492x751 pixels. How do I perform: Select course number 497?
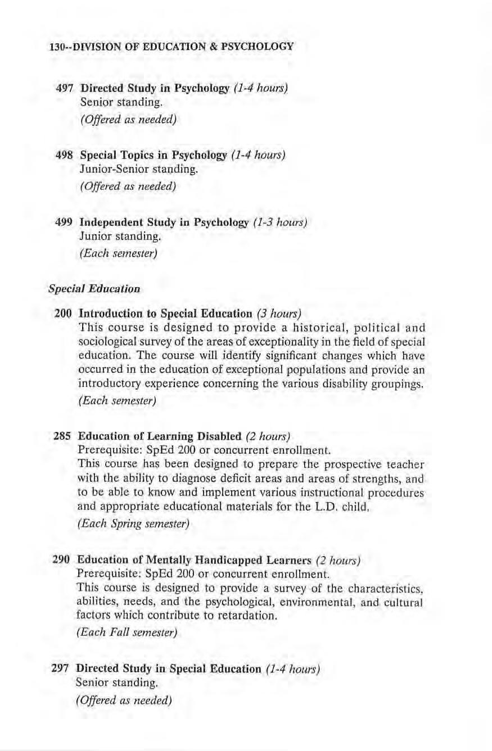point(65,88)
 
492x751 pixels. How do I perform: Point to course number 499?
point(65,222)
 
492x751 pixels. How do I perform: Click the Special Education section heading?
point(93,289)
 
